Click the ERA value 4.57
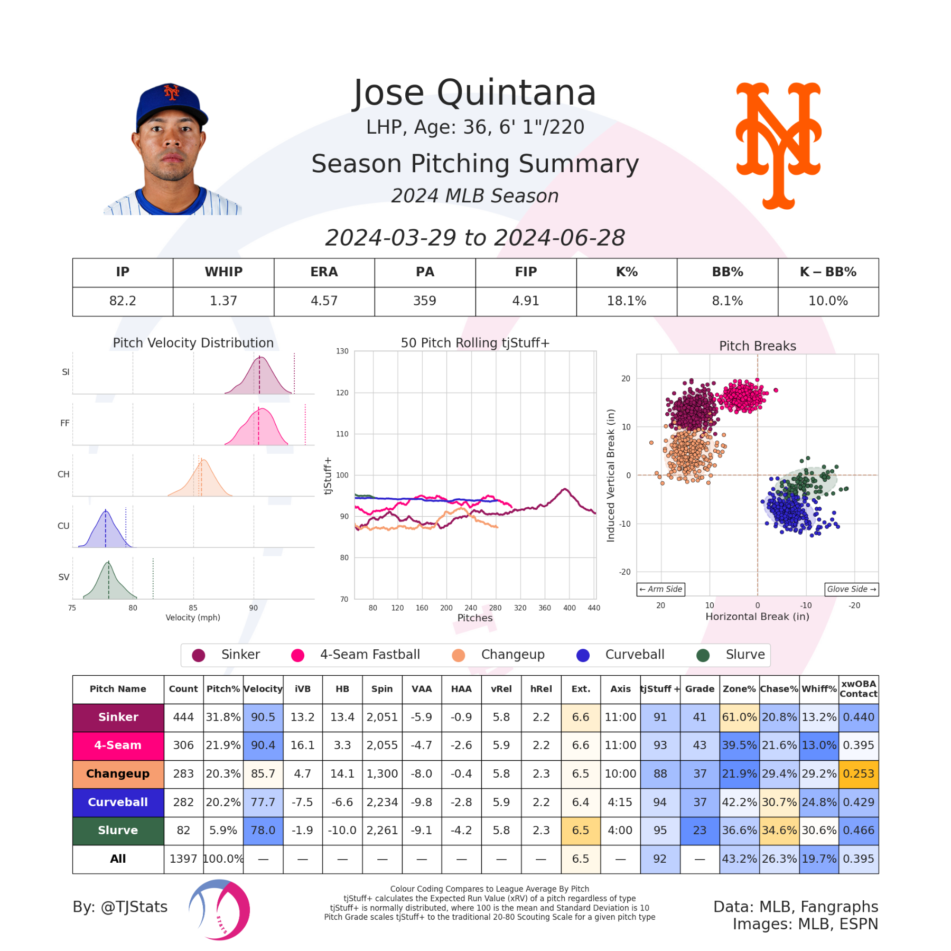[x=324, y=301]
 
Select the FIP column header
[x=526, y=272]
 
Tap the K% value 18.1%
[x=626, y=301]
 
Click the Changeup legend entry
[x=512, y=655]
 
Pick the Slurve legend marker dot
[x=703, y=655]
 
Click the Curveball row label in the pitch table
[x=118, y=802]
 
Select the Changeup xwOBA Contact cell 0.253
[x=859, y=773]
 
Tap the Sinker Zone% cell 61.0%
[x=739, y=717]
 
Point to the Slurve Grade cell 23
[x=700, y=831]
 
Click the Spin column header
[x=382, y=689]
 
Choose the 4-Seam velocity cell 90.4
[x=263, y=745]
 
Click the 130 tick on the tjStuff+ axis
[x=342, y=351]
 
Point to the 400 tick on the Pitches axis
[x=569, y=608]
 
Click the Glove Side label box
[x=851, y=589]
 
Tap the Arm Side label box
[x=661, y=589]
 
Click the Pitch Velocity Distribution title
[x=193, y=343]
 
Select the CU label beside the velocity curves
[x=63, y=526]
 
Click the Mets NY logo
[x=779, y=145]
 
